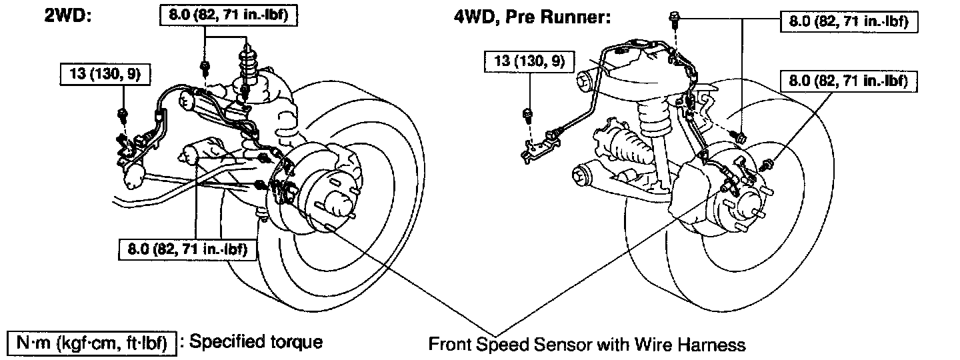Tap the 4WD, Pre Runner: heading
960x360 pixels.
click(532, 17)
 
